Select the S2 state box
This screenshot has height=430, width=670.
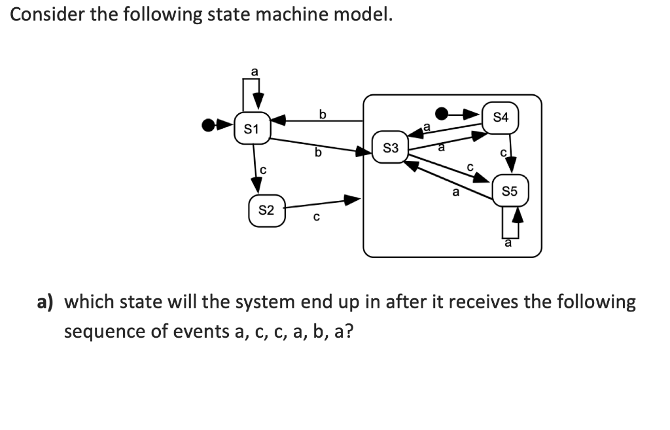(266, 211)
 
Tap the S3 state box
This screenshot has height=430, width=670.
(390, 149)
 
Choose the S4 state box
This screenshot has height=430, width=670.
(501, 118)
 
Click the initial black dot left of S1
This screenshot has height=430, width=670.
(208, 124)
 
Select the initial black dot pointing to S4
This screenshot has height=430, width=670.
(442, 114)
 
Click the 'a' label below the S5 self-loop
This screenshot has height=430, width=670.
(507, 243)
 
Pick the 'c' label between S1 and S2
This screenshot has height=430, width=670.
(262, 170)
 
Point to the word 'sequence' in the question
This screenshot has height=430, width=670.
(104, 331)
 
